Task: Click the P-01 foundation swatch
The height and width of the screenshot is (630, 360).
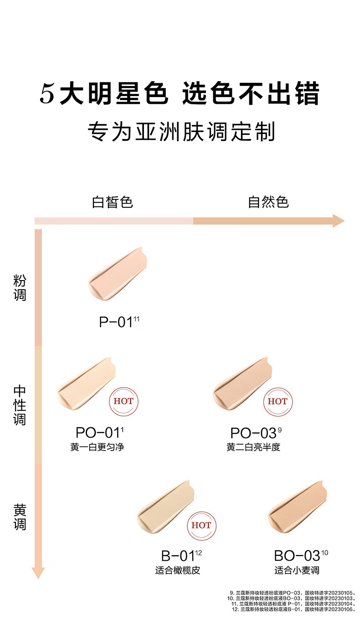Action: [117, 274]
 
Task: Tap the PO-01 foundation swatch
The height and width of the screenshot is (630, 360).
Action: [86, 384]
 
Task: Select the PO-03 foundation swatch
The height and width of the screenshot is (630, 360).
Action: [242, 384]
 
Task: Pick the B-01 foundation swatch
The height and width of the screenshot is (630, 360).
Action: [165, 507]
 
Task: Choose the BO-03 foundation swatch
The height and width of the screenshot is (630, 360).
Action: [297, 507]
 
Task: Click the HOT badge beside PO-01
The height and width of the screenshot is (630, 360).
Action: [123, 402]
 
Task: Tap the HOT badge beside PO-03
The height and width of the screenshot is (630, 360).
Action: [278, 402]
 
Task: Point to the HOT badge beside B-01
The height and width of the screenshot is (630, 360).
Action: [201, 526]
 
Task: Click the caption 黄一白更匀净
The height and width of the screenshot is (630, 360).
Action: [97, 447]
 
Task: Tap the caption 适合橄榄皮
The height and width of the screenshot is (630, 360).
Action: [177, 570]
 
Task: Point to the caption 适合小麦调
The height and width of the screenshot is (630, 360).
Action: [297, 570]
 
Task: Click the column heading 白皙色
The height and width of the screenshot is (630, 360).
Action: [112, 202]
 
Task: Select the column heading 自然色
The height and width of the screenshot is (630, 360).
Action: [268, 202]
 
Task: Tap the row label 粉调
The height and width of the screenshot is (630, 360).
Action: [20, 287]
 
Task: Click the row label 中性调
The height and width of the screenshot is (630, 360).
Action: [20, 405]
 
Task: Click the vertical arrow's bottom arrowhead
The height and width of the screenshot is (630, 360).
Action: [38, 573]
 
